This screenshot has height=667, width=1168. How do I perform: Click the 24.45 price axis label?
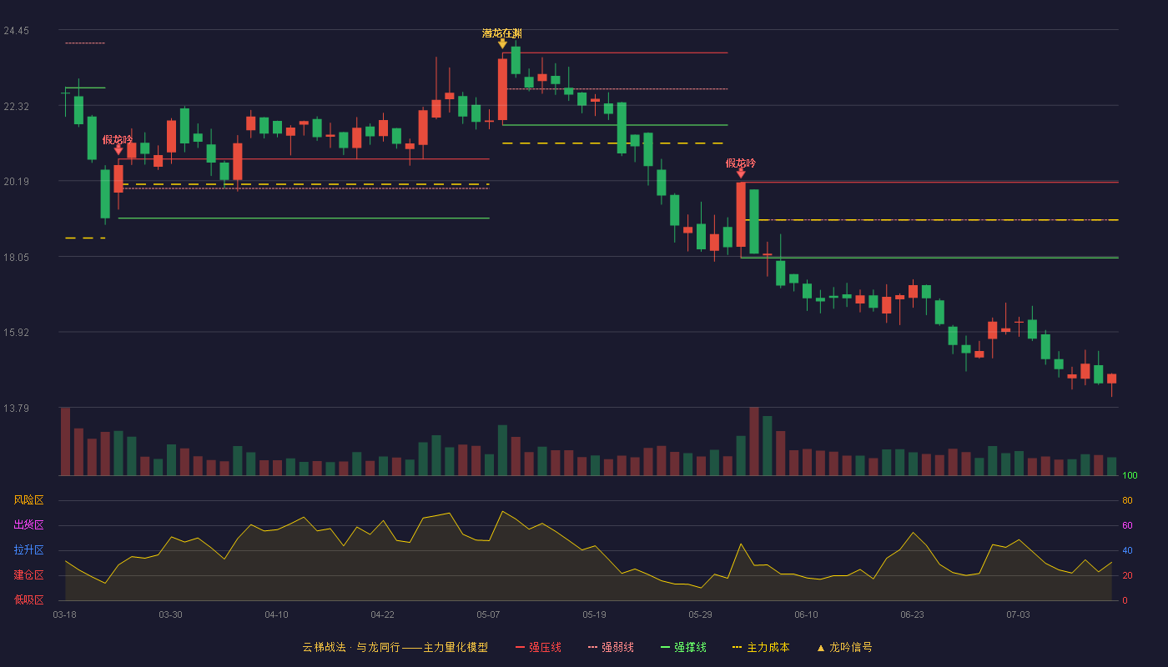pos(16,31)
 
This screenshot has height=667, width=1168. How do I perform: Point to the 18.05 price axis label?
pos(16,258)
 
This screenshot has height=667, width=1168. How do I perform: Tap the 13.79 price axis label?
pos(16,408)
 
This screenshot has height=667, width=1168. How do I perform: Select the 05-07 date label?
pos(488,615)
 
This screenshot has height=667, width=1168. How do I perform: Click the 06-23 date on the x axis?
pos(912,615)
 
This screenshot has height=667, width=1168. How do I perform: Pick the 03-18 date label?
pos(65,615)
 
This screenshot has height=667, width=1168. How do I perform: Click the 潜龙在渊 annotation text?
pos(501,33)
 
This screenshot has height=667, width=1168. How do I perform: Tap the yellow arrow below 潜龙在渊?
pos(502,43)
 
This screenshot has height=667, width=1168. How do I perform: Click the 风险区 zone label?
pos(28,500)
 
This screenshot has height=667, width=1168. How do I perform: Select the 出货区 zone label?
pos(28,524)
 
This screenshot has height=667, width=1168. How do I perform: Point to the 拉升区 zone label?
pos(28,549)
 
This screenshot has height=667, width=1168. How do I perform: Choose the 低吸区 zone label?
pos(28,599)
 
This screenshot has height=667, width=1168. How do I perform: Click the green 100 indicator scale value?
pos(1130,475)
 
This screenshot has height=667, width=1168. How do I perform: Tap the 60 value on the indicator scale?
pos(1127,525)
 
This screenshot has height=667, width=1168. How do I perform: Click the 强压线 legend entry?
pos(538,647)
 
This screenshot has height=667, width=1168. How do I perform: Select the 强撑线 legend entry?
pos(683,647)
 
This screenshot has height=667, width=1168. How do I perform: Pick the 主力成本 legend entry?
pos(761,647)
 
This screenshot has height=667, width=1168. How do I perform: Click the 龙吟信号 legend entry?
pos(844,647)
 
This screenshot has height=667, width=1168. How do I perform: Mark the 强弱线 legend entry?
pos(611,647)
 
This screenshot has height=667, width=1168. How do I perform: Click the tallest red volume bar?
pos(754,441)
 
